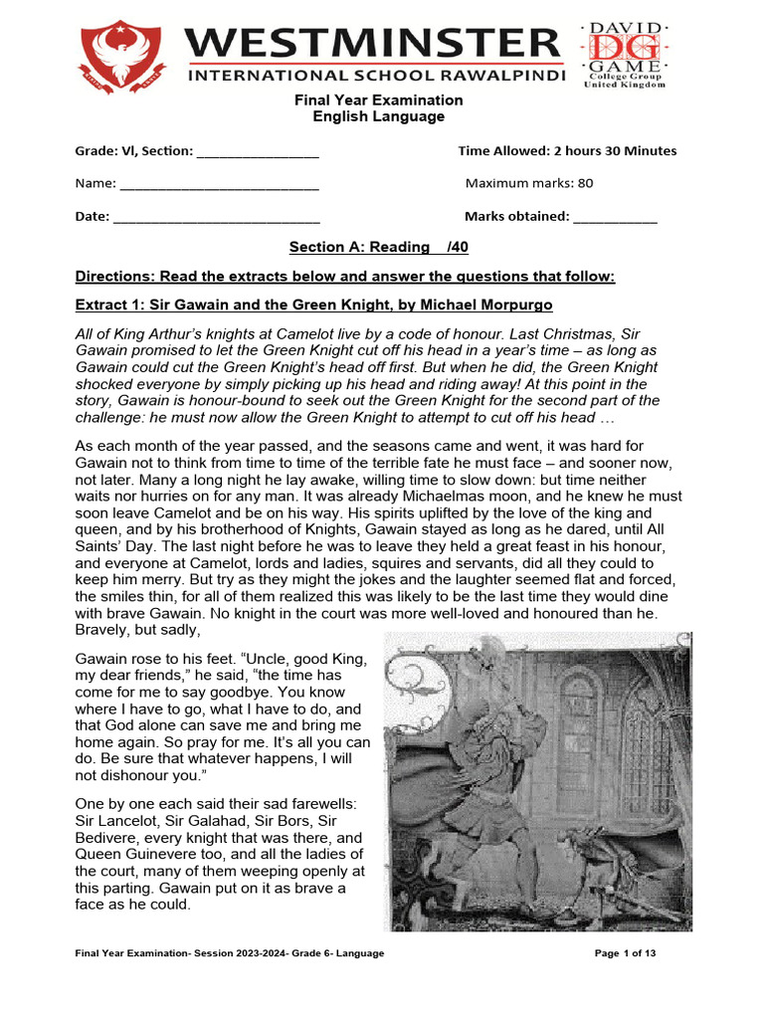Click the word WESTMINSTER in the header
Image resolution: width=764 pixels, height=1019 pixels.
(x=373, y=45)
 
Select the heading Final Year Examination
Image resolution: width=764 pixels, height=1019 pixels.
(x=377, y=101)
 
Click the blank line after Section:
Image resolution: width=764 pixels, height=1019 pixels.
(x=258, y=152)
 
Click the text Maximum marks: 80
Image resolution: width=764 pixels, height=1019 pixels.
(x=529, y=184)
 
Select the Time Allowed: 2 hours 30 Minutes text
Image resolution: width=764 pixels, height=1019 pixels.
(x=567, y=151)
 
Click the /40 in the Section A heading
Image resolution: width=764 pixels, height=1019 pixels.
(x=458, y=247)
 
